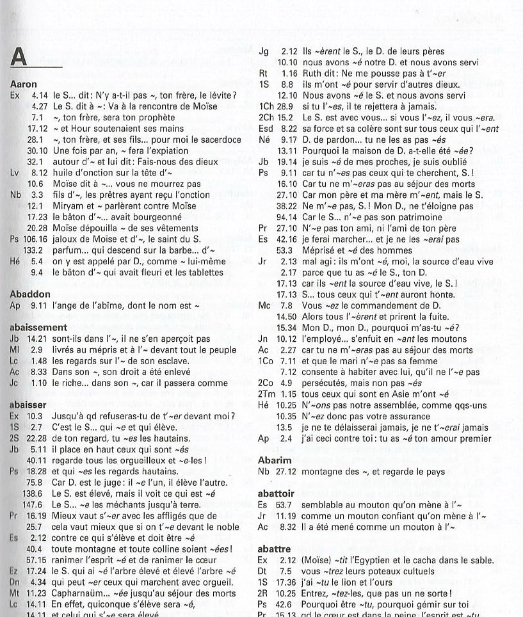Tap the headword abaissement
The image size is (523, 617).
coord(39,326)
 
